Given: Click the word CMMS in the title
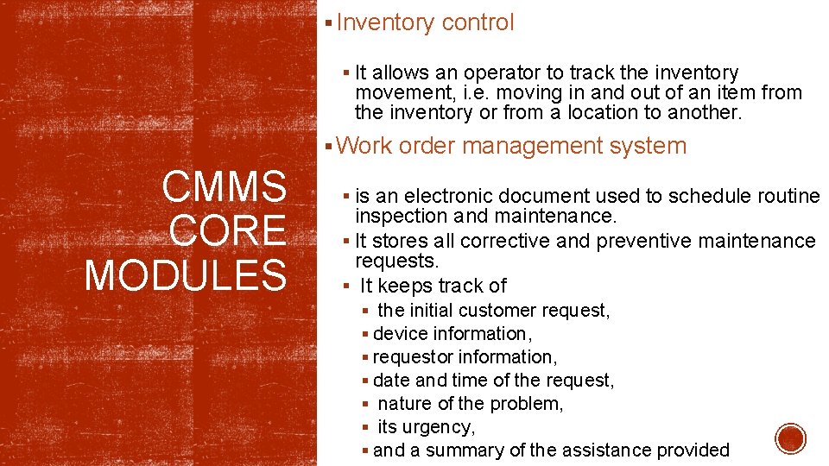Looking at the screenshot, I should point(224,186).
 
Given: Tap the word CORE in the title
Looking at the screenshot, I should point(228,230).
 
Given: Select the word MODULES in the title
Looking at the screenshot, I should point(186,275).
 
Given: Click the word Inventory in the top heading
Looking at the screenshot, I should point(386,23).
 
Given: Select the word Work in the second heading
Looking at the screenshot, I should point(365,146).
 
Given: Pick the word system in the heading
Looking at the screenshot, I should point(648,146).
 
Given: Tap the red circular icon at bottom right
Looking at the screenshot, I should point(790,439).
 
